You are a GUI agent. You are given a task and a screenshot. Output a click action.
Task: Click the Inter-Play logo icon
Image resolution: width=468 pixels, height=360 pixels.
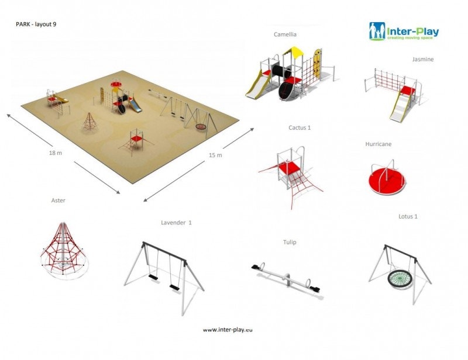click(x=377, y=31)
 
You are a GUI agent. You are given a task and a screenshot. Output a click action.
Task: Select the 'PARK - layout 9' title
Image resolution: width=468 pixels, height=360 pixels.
click(x=36, y=25)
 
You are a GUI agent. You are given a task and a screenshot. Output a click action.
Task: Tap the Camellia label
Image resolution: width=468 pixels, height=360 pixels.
click(x=285, y=34)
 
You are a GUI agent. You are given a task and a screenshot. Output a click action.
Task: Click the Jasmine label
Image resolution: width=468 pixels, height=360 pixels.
click(x=422, y=60)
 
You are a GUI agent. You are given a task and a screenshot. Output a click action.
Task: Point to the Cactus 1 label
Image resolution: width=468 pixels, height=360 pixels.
click(x=300, y=127)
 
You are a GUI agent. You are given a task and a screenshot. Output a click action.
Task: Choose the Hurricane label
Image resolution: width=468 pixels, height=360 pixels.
click(x=378, y=144)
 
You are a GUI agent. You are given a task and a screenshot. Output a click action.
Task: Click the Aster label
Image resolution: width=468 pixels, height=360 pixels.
click(x=58, y=200)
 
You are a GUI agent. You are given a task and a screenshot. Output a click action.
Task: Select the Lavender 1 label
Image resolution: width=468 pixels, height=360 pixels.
click(x=176, y=223)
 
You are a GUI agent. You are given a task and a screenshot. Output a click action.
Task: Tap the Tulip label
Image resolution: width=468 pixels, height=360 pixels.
click(x=290, y=242)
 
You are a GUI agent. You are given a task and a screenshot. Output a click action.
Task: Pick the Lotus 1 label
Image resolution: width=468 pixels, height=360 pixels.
click(x=408, y=217)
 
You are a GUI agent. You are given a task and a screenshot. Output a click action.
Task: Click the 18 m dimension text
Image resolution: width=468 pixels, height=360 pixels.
click(x=56, y=153)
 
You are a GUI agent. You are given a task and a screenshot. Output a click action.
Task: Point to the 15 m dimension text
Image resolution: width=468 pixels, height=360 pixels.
click(x=215, y=155)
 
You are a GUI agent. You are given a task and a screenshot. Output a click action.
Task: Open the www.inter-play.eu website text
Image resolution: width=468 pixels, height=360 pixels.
click(x=228, y=330)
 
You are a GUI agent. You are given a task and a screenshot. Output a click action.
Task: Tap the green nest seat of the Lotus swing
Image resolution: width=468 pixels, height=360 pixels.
click(x=401, y=278)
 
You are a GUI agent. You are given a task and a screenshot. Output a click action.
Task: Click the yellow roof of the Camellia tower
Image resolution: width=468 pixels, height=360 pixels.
click(x=294, y=51)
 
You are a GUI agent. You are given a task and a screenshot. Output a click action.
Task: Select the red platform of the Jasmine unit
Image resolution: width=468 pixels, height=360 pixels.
click(x=408, y=90)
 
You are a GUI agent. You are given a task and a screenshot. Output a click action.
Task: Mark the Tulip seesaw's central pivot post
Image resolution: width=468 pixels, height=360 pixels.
click(x=287, y=280)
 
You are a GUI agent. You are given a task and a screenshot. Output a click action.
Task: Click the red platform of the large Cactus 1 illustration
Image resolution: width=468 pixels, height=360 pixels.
click(x=289, y=168)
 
